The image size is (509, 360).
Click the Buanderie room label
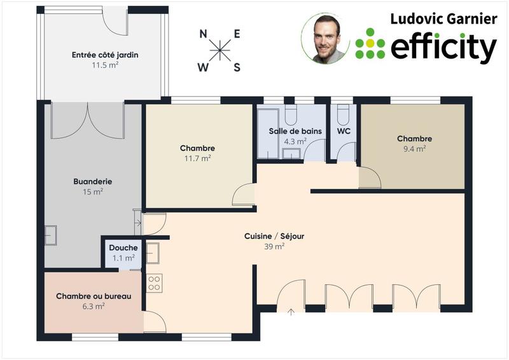pos(93,181)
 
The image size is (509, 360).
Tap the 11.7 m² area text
pos(197,159)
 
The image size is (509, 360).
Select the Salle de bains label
pos(295,131)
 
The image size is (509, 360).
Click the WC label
pos(344,131)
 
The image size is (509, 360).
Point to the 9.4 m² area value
pos(414,149)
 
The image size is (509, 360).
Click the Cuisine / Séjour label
pos(274,236)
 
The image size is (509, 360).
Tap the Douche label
pos(123,248)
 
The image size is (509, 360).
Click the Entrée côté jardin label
pos(105,55)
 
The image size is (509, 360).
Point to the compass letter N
pos(203,35)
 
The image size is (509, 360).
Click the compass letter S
pos(237,67)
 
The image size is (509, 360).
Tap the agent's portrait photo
pos(325,39)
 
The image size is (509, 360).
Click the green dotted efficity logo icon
pos(370,43)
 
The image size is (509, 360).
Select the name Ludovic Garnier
pos(443,18)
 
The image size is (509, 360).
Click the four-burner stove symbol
pos(155,282)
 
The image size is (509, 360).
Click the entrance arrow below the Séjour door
pos(291,311)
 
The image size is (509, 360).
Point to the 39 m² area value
pos(274,247)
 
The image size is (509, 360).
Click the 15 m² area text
pos(93,191)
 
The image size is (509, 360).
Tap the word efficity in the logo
pos(443,46)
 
